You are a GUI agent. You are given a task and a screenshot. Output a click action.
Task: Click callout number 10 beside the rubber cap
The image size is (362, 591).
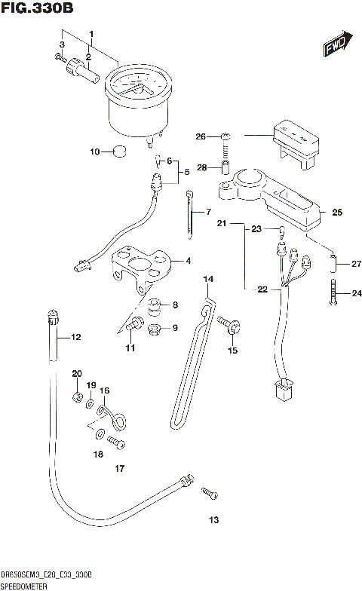[95, 152]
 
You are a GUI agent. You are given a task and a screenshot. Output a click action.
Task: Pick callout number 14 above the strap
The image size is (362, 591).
[209, 280]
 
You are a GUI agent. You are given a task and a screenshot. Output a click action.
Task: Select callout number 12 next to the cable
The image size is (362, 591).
[75, 337]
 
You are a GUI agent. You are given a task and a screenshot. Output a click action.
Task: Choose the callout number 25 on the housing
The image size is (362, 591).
[337, 212]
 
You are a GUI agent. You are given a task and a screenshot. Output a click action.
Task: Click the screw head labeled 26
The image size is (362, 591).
[225, 136]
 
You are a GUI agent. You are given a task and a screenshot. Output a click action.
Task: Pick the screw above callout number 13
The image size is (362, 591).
[209, 494]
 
